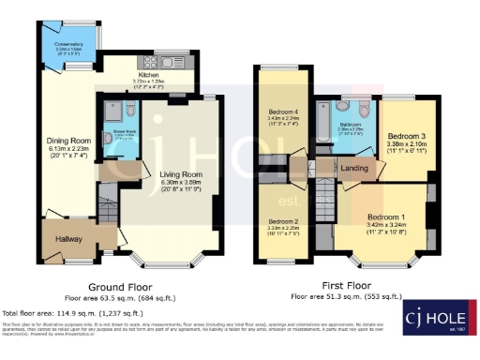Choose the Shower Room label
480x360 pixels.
(119, 134)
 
